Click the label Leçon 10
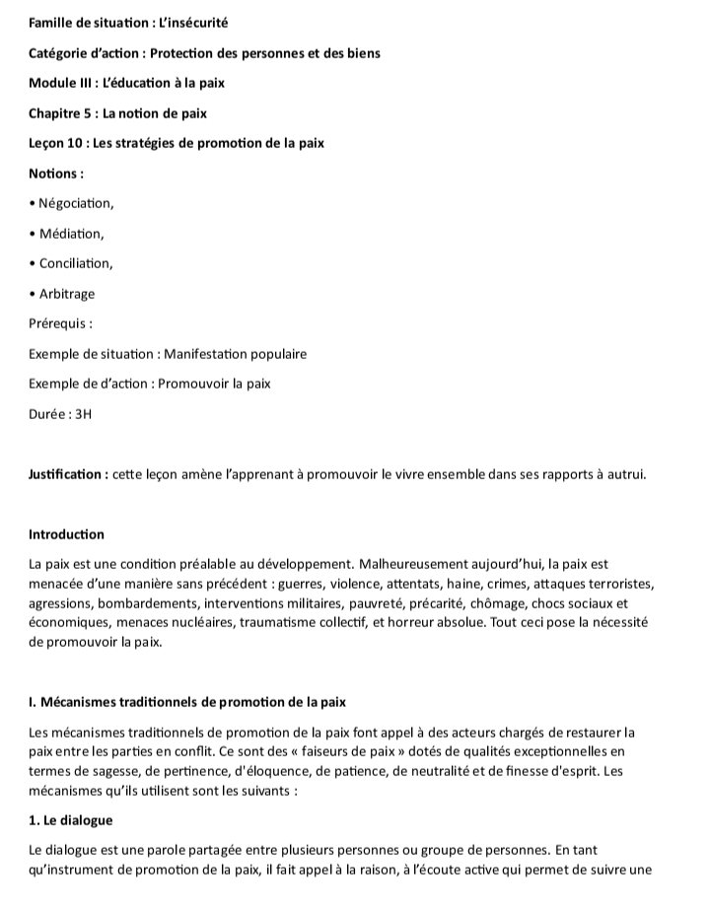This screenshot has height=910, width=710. click(58, 144)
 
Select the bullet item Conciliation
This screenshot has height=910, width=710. click(76, 264)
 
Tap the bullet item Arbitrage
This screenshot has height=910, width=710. click(67, 294)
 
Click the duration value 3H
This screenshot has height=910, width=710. click(83, 414)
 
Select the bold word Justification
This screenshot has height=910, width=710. click(66, 474)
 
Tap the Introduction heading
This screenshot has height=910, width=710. click(66, 534)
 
